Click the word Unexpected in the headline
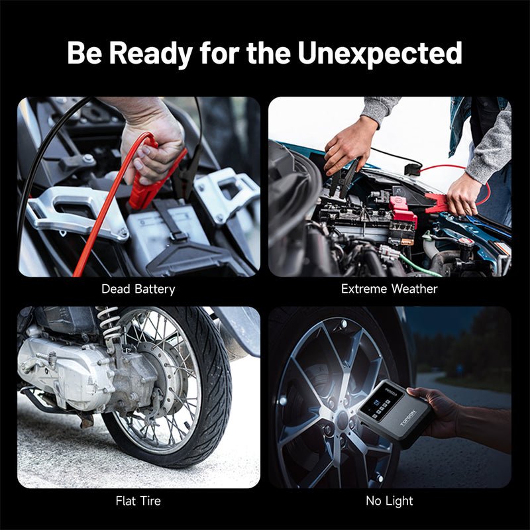(x=380, y=54)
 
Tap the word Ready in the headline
(x=151, y=54)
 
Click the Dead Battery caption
(x=138, y=289)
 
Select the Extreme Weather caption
(x=390, y=289)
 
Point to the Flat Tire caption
(x=138, y=501)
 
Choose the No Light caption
(x=390, y=501)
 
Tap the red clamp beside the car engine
(x=439, y=203)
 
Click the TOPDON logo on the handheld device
(x=407, y=419)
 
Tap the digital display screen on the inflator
(x=382, y=401)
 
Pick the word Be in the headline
(x=84, y=54)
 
